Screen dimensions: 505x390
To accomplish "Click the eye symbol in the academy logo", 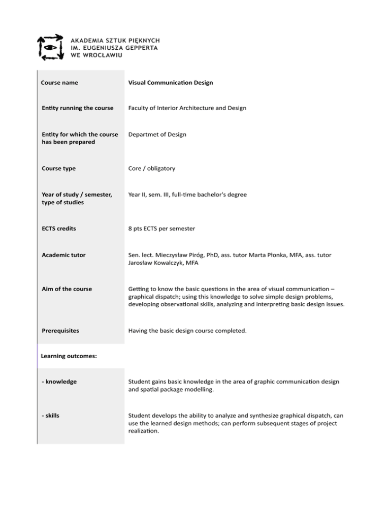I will coord(49,47).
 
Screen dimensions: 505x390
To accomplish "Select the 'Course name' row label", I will coord(59,82).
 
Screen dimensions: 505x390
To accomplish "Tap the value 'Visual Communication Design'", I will coord(171,82).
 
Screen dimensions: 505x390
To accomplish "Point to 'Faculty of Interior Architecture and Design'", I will coord(187,108).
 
